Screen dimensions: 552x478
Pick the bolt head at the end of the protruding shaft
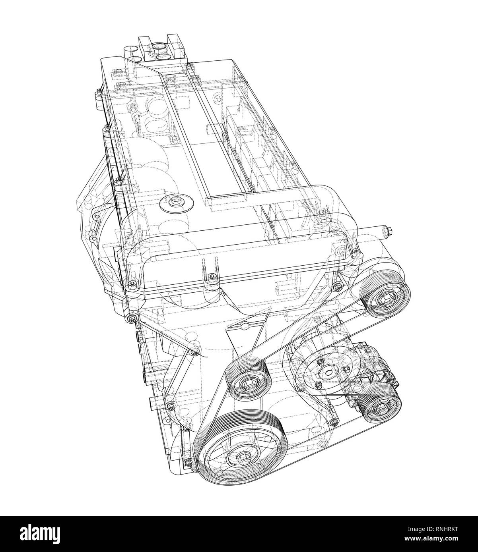click(389, 230)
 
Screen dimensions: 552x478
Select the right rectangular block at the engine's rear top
click(173, 44)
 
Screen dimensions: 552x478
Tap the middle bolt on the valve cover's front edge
click(211, 276)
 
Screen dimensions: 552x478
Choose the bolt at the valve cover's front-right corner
click(355, 251)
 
